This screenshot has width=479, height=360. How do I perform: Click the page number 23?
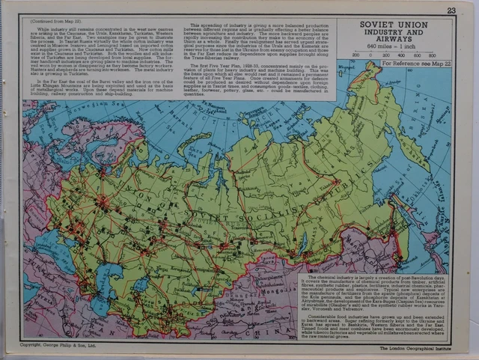click(x=451, y=10)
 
